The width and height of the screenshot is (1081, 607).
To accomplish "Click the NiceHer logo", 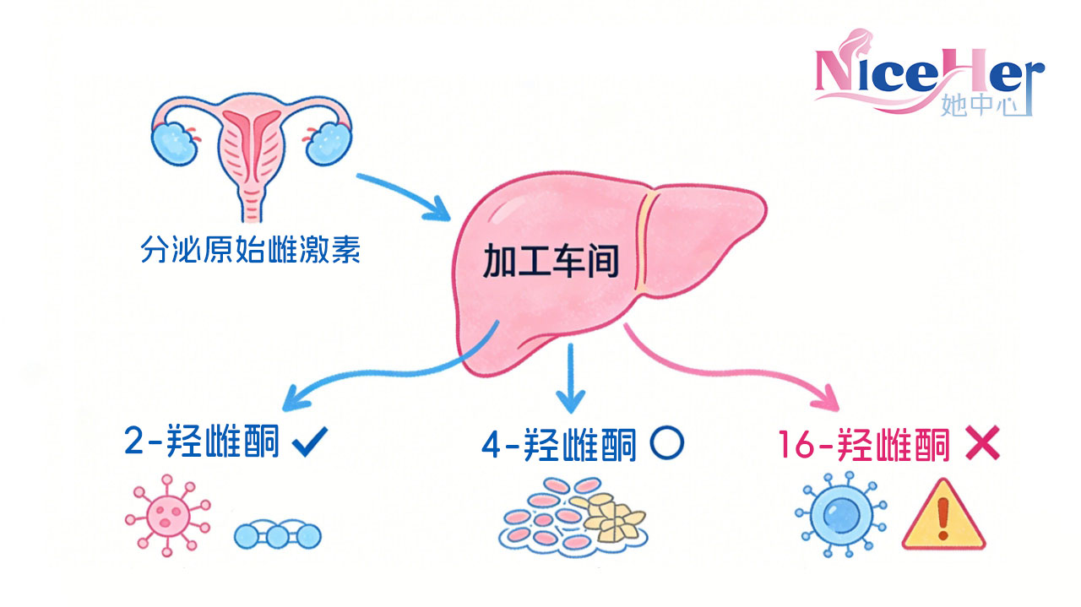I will [x=929, y=76].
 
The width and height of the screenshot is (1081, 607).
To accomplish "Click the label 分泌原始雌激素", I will [x=250, y=251].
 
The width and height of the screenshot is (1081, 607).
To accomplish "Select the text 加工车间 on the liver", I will [x=551, y=263].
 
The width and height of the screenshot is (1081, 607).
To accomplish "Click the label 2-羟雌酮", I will [x=201, y=442].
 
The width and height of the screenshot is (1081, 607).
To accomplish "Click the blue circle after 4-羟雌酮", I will [x=667, y=442].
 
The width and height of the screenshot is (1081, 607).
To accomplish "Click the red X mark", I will [x=981, y=443].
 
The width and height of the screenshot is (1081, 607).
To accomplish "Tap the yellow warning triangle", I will [x=944, y=516].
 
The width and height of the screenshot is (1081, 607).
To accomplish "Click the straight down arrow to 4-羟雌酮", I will [x=572, y=376].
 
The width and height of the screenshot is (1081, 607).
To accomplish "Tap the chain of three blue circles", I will [x=277, y=534].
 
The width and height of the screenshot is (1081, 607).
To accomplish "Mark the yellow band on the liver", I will [x=647, y=245].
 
